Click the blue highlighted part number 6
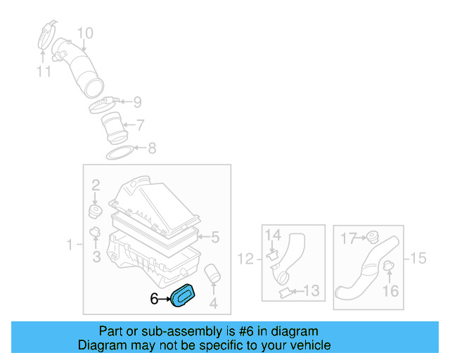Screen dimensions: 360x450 click(x=186, y=295)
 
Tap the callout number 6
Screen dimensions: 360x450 click(x=155, y=299)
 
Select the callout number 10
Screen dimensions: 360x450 click(x=84, y=33)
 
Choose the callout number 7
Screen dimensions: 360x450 click(x=140, y=126)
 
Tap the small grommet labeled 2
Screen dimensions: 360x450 click(x=95, y=210)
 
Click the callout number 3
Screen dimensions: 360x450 click(x=96, y=257)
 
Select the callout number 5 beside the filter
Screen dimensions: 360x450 click(x=216, y=237)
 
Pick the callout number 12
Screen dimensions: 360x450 click(x=245, y=259)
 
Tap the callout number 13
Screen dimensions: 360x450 click(x=311, y=290)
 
